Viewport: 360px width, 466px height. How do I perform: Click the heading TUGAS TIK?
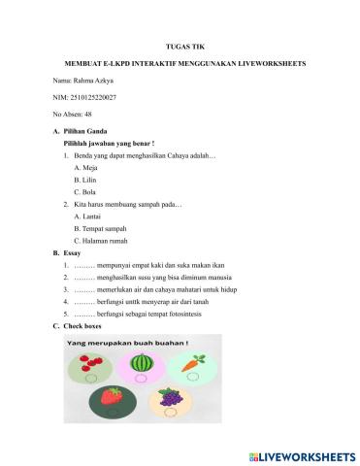[180, 45]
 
